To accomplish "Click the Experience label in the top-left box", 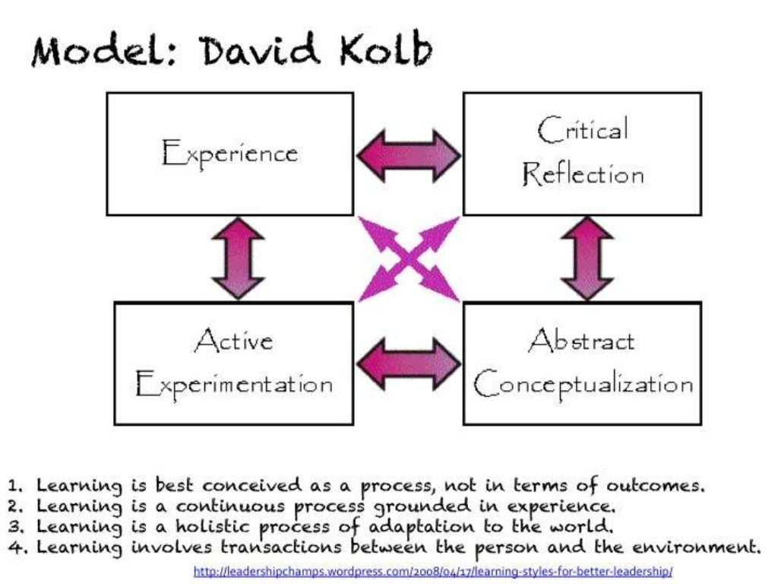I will coord(229,154).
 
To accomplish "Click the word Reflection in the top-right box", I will coord(583,175).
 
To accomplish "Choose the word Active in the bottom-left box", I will coord(233,341).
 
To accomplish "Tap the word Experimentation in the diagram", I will coord(233,384).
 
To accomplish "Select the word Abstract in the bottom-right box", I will coord(581,341).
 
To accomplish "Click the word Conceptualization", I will coord(583,384).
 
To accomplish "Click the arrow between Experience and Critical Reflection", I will coord(409,155).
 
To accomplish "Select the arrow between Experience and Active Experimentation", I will coord(238,259).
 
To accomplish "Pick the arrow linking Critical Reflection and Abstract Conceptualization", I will coord(587,259).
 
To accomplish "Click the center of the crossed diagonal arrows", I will coord(409,259).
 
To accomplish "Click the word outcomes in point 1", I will coord(659,486).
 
